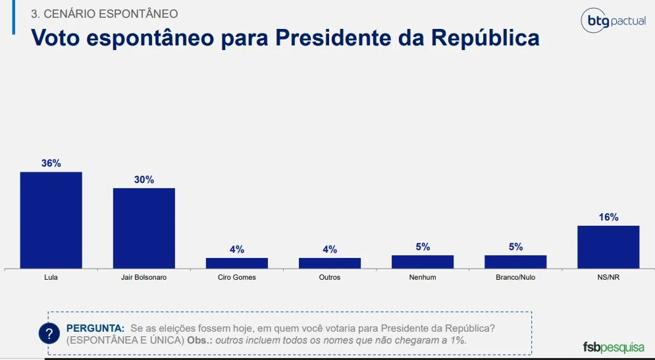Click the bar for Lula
[51, 220]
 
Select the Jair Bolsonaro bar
[144, 228]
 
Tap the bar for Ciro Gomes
[237, 263]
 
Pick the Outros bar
[330, 263]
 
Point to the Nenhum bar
[423, 261]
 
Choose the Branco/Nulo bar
[515, 261]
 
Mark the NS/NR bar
[608, 247]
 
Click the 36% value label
[51, 163]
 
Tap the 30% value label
[144, 180]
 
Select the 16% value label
[608, 217]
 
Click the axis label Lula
[51, 278]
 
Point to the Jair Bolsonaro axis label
[144, 278]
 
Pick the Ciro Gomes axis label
[237, 278]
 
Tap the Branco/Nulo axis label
[515, 278]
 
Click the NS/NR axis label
[608, 278]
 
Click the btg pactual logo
[613, 21]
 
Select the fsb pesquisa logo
[614, 347]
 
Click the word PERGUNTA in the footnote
[95, 328]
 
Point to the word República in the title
[485, 38]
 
